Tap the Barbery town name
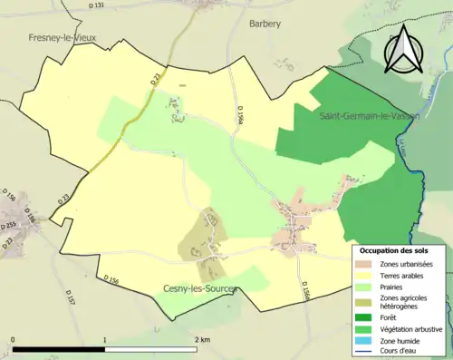(x=265, y=24)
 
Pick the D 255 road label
(x=8, y=225)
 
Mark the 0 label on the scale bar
(x=14, y=339)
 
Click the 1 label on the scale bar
(x=105, y=339)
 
